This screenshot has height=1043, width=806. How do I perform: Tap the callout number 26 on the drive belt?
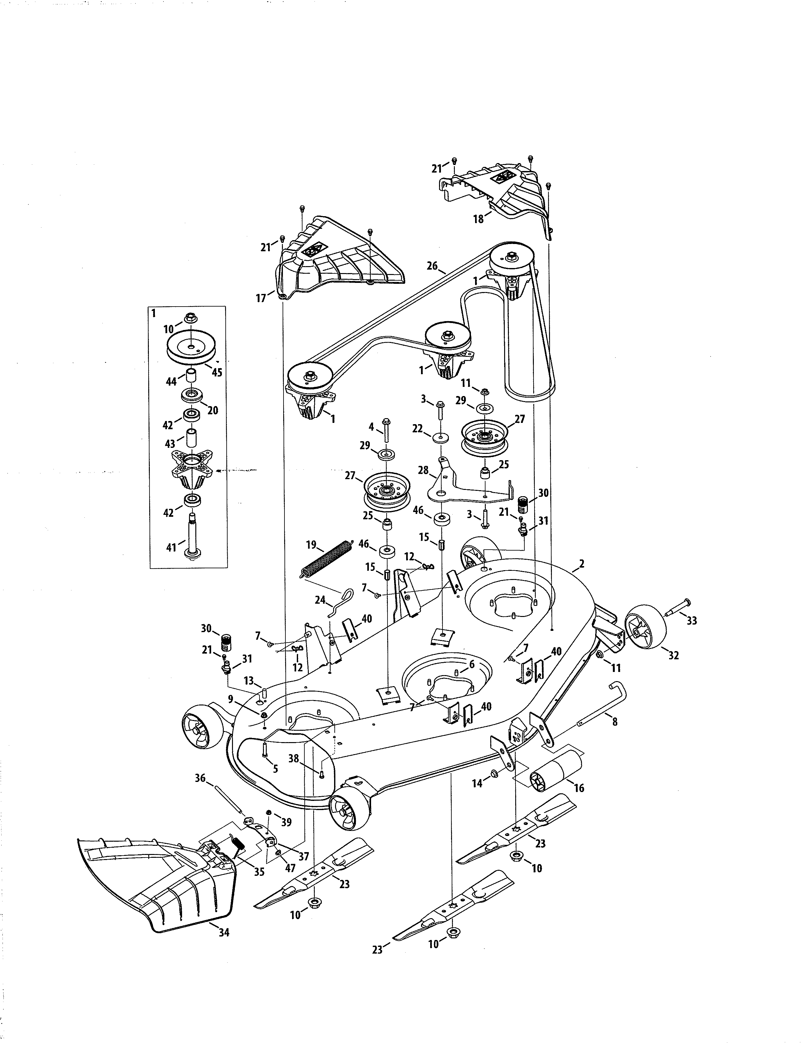432,266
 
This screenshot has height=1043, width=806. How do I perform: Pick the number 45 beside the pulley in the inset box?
217,373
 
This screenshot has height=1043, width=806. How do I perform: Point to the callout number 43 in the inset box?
170,444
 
